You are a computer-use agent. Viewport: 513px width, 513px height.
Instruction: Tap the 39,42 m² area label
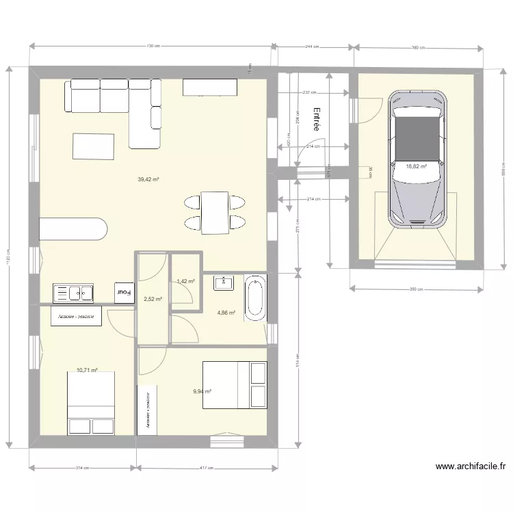click(x=148, y=180)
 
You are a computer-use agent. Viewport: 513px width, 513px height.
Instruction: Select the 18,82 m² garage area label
click(x=416, y=166)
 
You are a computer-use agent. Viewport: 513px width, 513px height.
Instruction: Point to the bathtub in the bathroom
click(x=255, y=298)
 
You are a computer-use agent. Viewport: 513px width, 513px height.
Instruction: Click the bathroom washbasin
click(x=223, y=282)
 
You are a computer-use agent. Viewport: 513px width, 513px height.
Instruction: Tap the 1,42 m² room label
click(x=185, y=281)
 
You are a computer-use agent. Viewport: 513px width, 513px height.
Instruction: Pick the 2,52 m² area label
click(x=153, y=299)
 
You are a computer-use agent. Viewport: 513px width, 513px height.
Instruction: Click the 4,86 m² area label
click(x=226, y=313)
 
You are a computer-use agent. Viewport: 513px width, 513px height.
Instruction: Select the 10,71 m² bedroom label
click(x=87, y=370)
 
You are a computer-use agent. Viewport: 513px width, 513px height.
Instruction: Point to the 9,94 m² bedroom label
click(x=202, y=392)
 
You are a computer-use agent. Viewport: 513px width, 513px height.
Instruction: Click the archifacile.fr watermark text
click(x=470, y=467)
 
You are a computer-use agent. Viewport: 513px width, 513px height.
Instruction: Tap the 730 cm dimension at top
click(x=153, y=47)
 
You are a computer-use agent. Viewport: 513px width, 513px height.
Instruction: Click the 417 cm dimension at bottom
click(x=207, y=469)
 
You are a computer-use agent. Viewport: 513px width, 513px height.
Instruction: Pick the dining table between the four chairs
click(x=215, y=213)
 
